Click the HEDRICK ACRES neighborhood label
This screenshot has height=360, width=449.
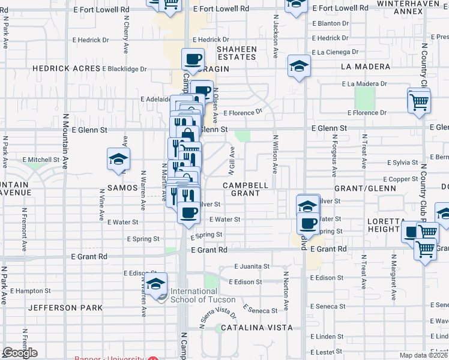tap(67, 68)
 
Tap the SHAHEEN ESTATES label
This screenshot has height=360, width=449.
tap(237, 53)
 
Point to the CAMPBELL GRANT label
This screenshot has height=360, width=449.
tap(246, 190)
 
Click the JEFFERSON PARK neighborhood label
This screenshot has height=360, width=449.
tap(65, 308)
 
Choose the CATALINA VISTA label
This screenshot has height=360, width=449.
tap(256, 328)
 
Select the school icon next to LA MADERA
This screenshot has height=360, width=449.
tap(298, 67)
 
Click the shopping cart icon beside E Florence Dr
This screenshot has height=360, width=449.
tap(418, 100)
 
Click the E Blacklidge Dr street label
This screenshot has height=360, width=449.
tap(124, 69)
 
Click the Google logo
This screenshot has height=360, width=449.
tap(20, 352)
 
